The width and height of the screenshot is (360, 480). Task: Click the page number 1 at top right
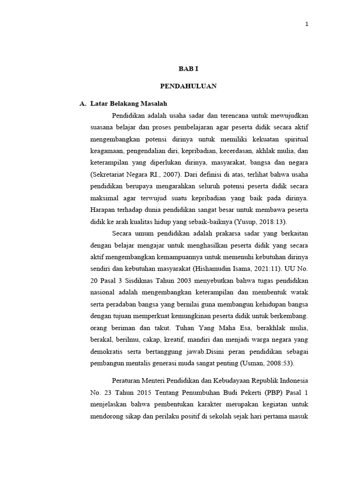(307, 25)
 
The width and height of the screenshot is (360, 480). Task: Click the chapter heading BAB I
(188, 68)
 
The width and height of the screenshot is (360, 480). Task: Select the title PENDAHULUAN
(188, 86)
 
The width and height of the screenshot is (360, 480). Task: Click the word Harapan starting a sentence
(104, 209)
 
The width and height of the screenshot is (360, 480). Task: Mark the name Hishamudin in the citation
(212, 268)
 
